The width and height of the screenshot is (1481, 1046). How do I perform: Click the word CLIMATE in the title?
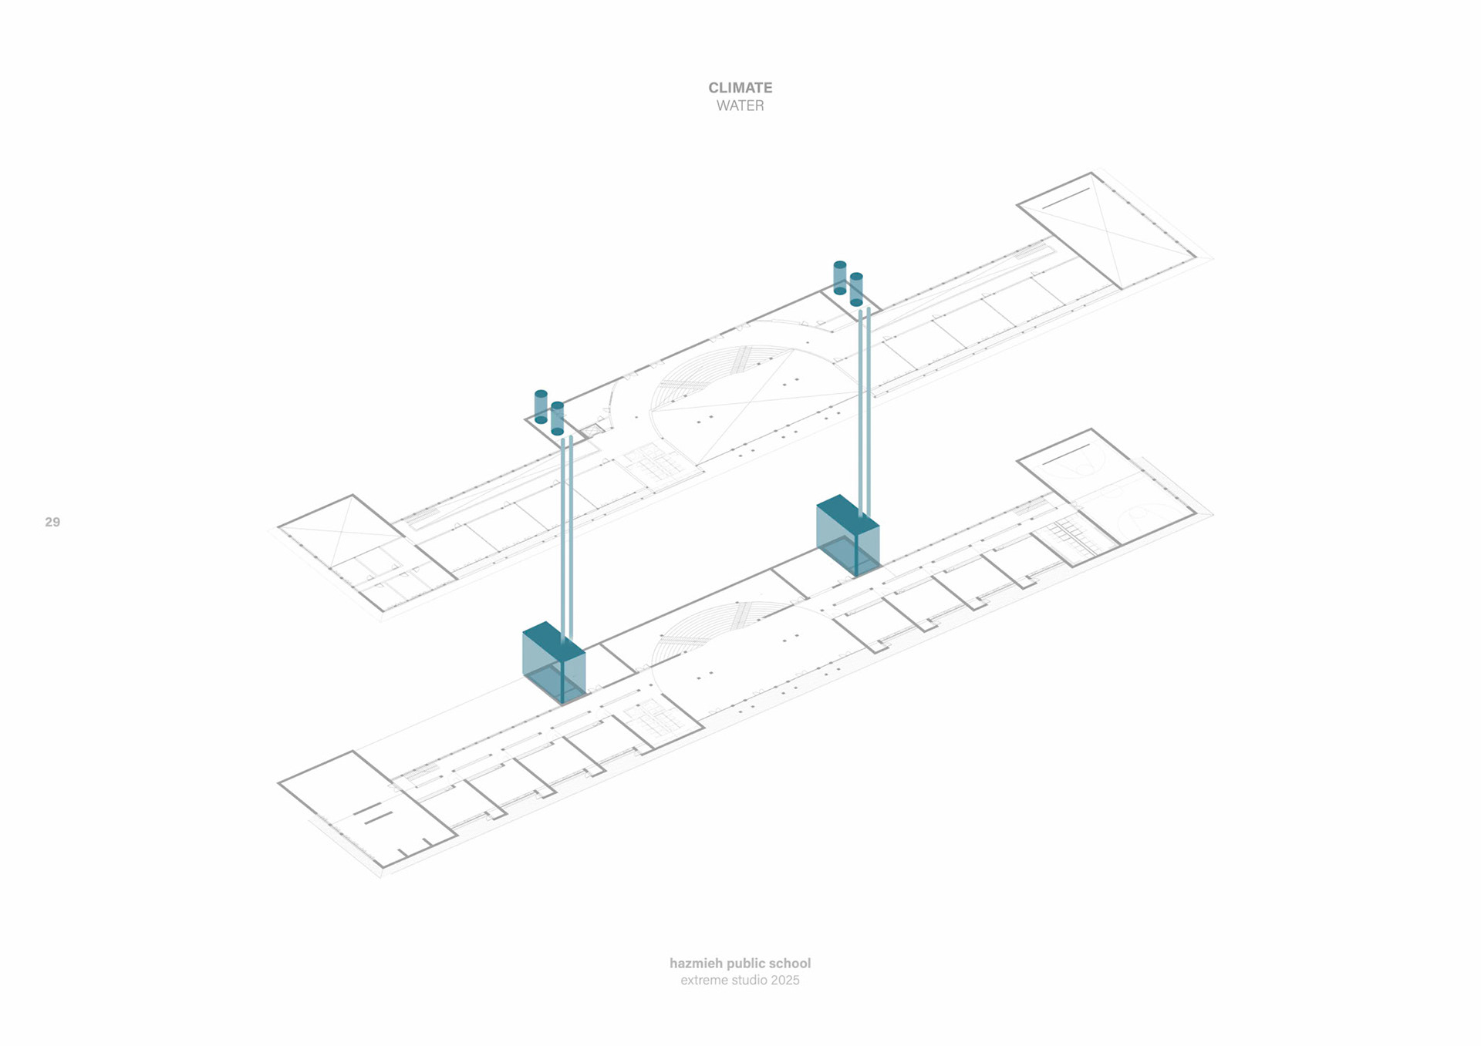point(740,88)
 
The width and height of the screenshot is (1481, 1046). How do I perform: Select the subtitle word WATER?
point(740,106)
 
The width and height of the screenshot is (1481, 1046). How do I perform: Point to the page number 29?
point(52,522)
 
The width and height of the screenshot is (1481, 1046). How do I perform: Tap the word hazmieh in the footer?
point(696,963)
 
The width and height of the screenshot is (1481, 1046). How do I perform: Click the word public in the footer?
point(745,963)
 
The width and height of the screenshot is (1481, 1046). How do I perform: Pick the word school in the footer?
point(789,963)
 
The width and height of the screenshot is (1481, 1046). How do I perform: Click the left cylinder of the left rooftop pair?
point(541,406)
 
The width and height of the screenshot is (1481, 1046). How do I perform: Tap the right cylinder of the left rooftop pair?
point(558,418)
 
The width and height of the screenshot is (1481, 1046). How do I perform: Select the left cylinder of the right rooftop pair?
point(840,277)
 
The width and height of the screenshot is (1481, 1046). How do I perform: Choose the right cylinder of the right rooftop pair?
point(856,289)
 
